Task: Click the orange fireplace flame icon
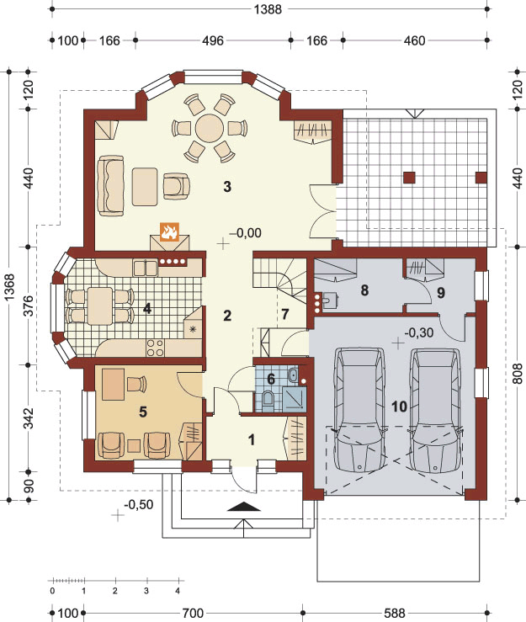point(169,231)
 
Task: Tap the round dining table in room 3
point(210,128)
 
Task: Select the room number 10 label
point(399,407)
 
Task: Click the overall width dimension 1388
point(268,8)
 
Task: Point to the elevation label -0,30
point(419,332)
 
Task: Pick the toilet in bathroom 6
point(268,398)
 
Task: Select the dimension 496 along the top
point(213,40)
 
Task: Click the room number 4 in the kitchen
point(147,308)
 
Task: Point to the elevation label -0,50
point(138,504)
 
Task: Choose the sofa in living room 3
point(111,186)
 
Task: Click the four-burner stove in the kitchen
point(155,348)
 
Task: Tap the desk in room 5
point(114,384)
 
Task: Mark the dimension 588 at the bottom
point(395,614)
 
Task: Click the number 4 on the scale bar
point(178,591)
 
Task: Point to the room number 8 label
point(364,290)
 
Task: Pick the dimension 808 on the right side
point(518,373)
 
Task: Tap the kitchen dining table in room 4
point(100,306)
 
